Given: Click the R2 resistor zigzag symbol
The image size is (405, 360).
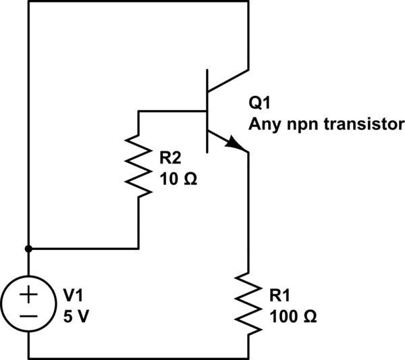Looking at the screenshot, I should pyautogui.click(x=138, y=166).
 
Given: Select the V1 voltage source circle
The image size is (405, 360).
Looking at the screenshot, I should pyautogui.click(x=29, y=304).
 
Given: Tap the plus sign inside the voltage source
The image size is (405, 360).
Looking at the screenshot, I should pyautogui.click(x=29, y=294).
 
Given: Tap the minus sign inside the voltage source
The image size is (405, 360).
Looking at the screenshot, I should pyautogui.click(x=29, y=315).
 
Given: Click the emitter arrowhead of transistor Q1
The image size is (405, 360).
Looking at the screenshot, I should pyautogui.click(x=236, y=144).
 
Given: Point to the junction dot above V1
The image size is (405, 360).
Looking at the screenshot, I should pyautogui.click(x=29, y=248).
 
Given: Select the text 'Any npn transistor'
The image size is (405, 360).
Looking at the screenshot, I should pyautogui.click(x=326, y=124).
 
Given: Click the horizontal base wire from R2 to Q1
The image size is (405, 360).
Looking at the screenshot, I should pyautogui.click(x=172, y=110).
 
